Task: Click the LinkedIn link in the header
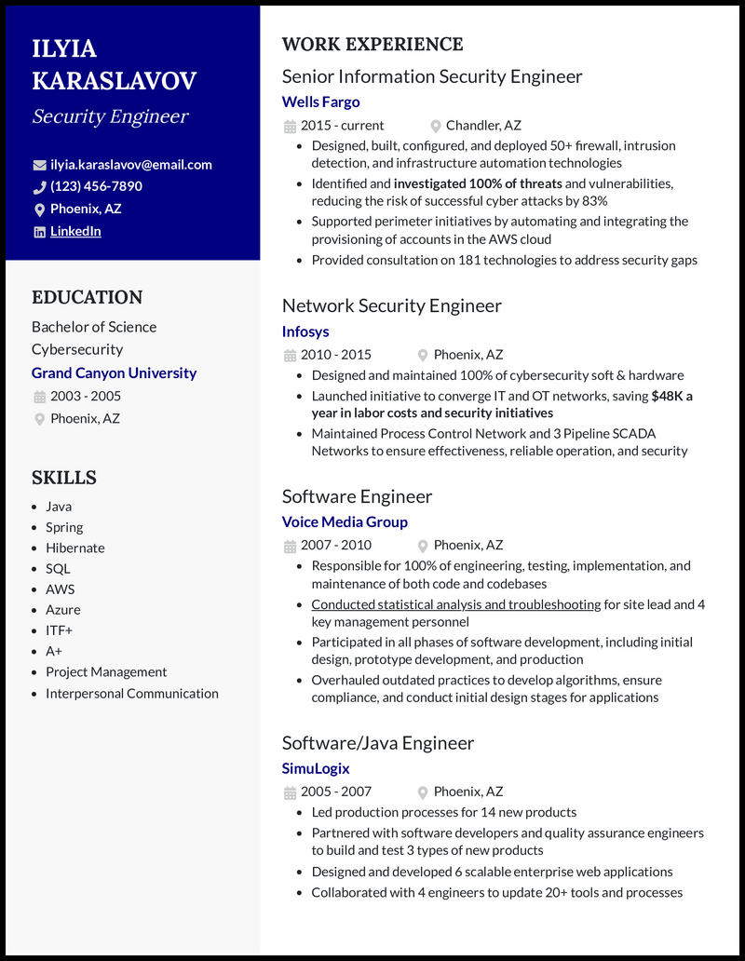click(x=75, y=231)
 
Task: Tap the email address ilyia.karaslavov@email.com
click(x=130, y=164)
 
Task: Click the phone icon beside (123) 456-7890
click(x=39, y=186)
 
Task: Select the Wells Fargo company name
click(x=320, y=102)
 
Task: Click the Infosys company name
click(x=305, y=331)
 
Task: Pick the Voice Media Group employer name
click(x=345, y=521)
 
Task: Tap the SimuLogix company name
click(x=316, y=768)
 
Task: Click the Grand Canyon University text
click(x=114, y=372)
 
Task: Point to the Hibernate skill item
click(x=75, y=548)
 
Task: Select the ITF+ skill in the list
click(x=59, y=630)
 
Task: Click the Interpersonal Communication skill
click(x=132, y=693)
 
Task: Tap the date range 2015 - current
click(x=342, y=125)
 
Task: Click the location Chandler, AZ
click(x=483, y=125)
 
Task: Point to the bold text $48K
click(x=667, y=396)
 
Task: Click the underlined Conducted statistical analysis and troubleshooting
click(x=455, y=604)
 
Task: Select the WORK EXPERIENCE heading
click(x=372, y=44)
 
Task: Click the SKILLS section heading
click(x=64, y=478)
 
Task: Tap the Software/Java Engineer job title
click(x=377, y=742)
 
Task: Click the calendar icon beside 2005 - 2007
click(x=290, y=792)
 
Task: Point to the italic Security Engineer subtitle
click(x=110, y=116)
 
